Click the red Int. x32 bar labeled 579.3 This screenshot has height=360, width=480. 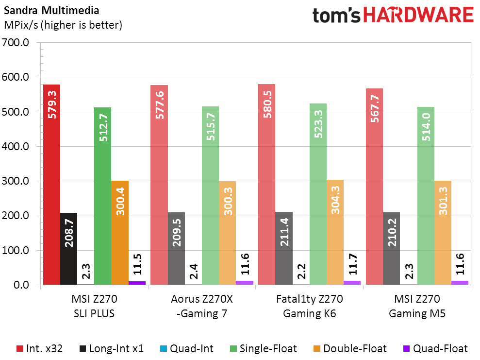[51, 185]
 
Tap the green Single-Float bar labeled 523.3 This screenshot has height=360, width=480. [318, 194]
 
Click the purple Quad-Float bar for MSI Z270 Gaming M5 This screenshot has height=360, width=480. [460, 283]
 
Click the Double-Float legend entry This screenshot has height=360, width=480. [349, 348]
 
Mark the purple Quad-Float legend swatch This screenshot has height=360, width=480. [407, 348]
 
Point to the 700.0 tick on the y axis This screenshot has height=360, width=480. [17, 43]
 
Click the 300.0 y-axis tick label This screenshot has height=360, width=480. [17, 181]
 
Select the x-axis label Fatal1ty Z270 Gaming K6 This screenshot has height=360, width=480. [310, 306]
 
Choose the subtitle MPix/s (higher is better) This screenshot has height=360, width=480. [63, 24]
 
